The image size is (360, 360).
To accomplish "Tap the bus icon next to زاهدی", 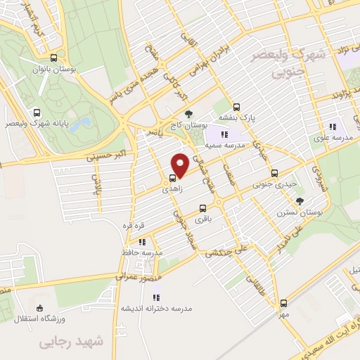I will (173, 178).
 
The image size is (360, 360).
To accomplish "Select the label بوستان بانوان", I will (54, 70).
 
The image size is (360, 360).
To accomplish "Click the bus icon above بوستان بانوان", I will (55, 58).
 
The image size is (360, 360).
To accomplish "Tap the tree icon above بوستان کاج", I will (188, 113).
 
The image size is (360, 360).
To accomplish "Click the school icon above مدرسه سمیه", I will (224, 134).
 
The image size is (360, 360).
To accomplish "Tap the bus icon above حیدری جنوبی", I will (274, 173).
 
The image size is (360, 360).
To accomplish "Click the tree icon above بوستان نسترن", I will (300, 200).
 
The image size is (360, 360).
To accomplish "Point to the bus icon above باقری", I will (203, 208).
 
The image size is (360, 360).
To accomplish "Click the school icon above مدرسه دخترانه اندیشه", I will (156, 297).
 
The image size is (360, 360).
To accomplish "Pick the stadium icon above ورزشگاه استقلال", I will (40, 307).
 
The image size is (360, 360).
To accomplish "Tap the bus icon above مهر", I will (283, 304).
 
